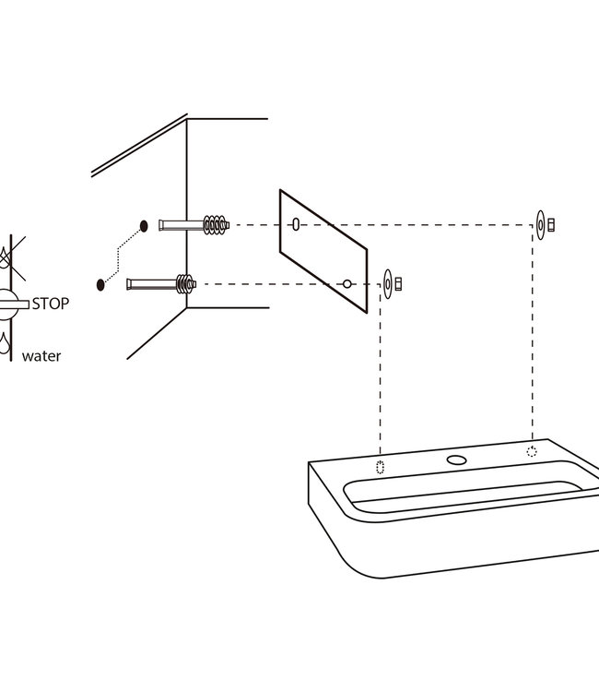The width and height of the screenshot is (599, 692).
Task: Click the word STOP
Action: coord(51,304)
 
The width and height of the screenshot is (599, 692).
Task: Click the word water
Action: coord(41,356)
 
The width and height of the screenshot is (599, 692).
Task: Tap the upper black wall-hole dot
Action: coord(144,226)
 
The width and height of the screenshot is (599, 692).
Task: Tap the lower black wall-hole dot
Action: coord(100,285)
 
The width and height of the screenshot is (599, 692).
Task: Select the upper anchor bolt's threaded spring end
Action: coord(216,225)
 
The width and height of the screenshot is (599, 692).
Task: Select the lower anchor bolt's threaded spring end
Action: coord(186,284)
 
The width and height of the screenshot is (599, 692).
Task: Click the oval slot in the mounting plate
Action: coord(296,224)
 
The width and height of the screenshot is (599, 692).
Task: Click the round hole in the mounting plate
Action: coord(347,284)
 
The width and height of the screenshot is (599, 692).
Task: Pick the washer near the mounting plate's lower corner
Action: coord(388,284)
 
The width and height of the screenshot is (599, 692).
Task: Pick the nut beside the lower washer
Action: coord(398,284)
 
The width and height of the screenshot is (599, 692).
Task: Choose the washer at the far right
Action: coord(541,225)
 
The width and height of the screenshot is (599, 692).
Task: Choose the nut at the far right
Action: coord(551,225)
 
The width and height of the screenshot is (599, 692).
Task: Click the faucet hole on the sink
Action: coord(457,459)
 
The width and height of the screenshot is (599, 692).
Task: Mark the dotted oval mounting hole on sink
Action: coord(381,467)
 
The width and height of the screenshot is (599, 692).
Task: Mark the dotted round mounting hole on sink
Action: coord(532,451)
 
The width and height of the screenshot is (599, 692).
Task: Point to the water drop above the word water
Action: coord(4,343)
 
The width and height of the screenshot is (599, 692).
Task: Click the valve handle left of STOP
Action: coord(14,304)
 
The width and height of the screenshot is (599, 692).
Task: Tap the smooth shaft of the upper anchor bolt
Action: coord(182,225)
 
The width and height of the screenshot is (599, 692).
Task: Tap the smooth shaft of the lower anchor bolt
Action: coord(152,284)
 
